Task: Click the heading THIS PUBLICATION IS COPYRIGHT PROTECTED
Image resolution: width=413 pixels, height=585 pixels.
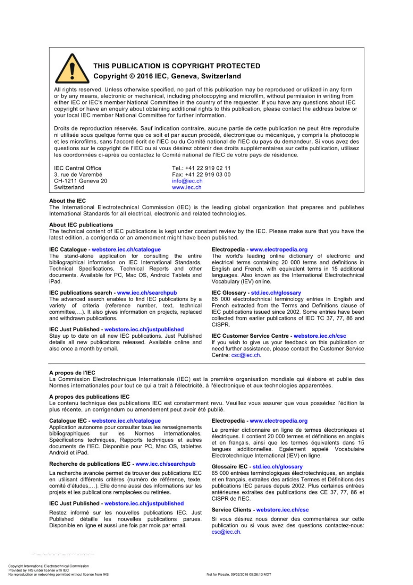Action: coord(177,66)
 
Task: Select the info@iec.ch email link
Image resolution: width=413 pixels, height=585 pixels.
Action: coord(187,181)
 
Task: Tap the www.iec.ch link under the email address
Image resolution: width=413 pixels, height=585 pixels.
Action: coord(187,188)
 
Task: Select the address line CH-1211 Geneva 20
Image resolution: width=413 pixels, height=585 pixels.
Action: coord(80,181)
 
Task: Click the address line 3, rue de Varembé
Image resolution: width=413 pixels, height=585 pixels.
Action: coord(78,175)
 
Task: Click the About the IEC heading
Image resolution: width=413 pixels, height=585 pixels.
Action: coord(67,201)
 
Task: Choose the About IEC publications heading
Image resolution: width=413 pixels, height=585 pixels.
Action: coord(81,225)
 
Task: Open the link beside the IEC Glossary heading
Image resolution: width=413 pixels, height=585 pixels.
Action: coord(276,293)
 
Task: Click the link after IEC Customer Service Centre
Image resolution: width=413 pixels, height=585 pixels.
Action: coord(320,336)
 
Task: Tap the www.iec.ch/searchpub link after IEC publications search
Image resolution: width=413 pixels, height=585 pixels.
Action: coord(147,293)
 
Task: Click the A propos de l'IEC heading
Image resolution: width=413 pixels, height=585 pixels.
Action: coord(72,373)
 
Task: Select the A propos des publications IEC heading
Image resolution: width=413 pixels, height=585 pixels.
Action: coord(89,397)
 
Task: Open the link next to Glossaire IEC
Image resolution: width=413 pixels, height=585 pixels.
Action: coord(277,467)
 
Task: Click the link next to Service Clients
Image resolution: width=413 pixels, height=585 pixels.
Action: coord(282,510)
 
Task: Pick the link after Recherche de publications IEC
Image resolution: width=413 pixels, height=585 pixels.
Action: coord(165,464)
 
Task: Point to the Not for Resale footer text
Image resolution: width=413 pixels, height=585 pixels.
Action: coord(239,575)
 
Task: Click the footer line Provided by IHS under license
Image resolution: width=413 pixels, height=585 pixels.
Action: coord(38,570)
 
